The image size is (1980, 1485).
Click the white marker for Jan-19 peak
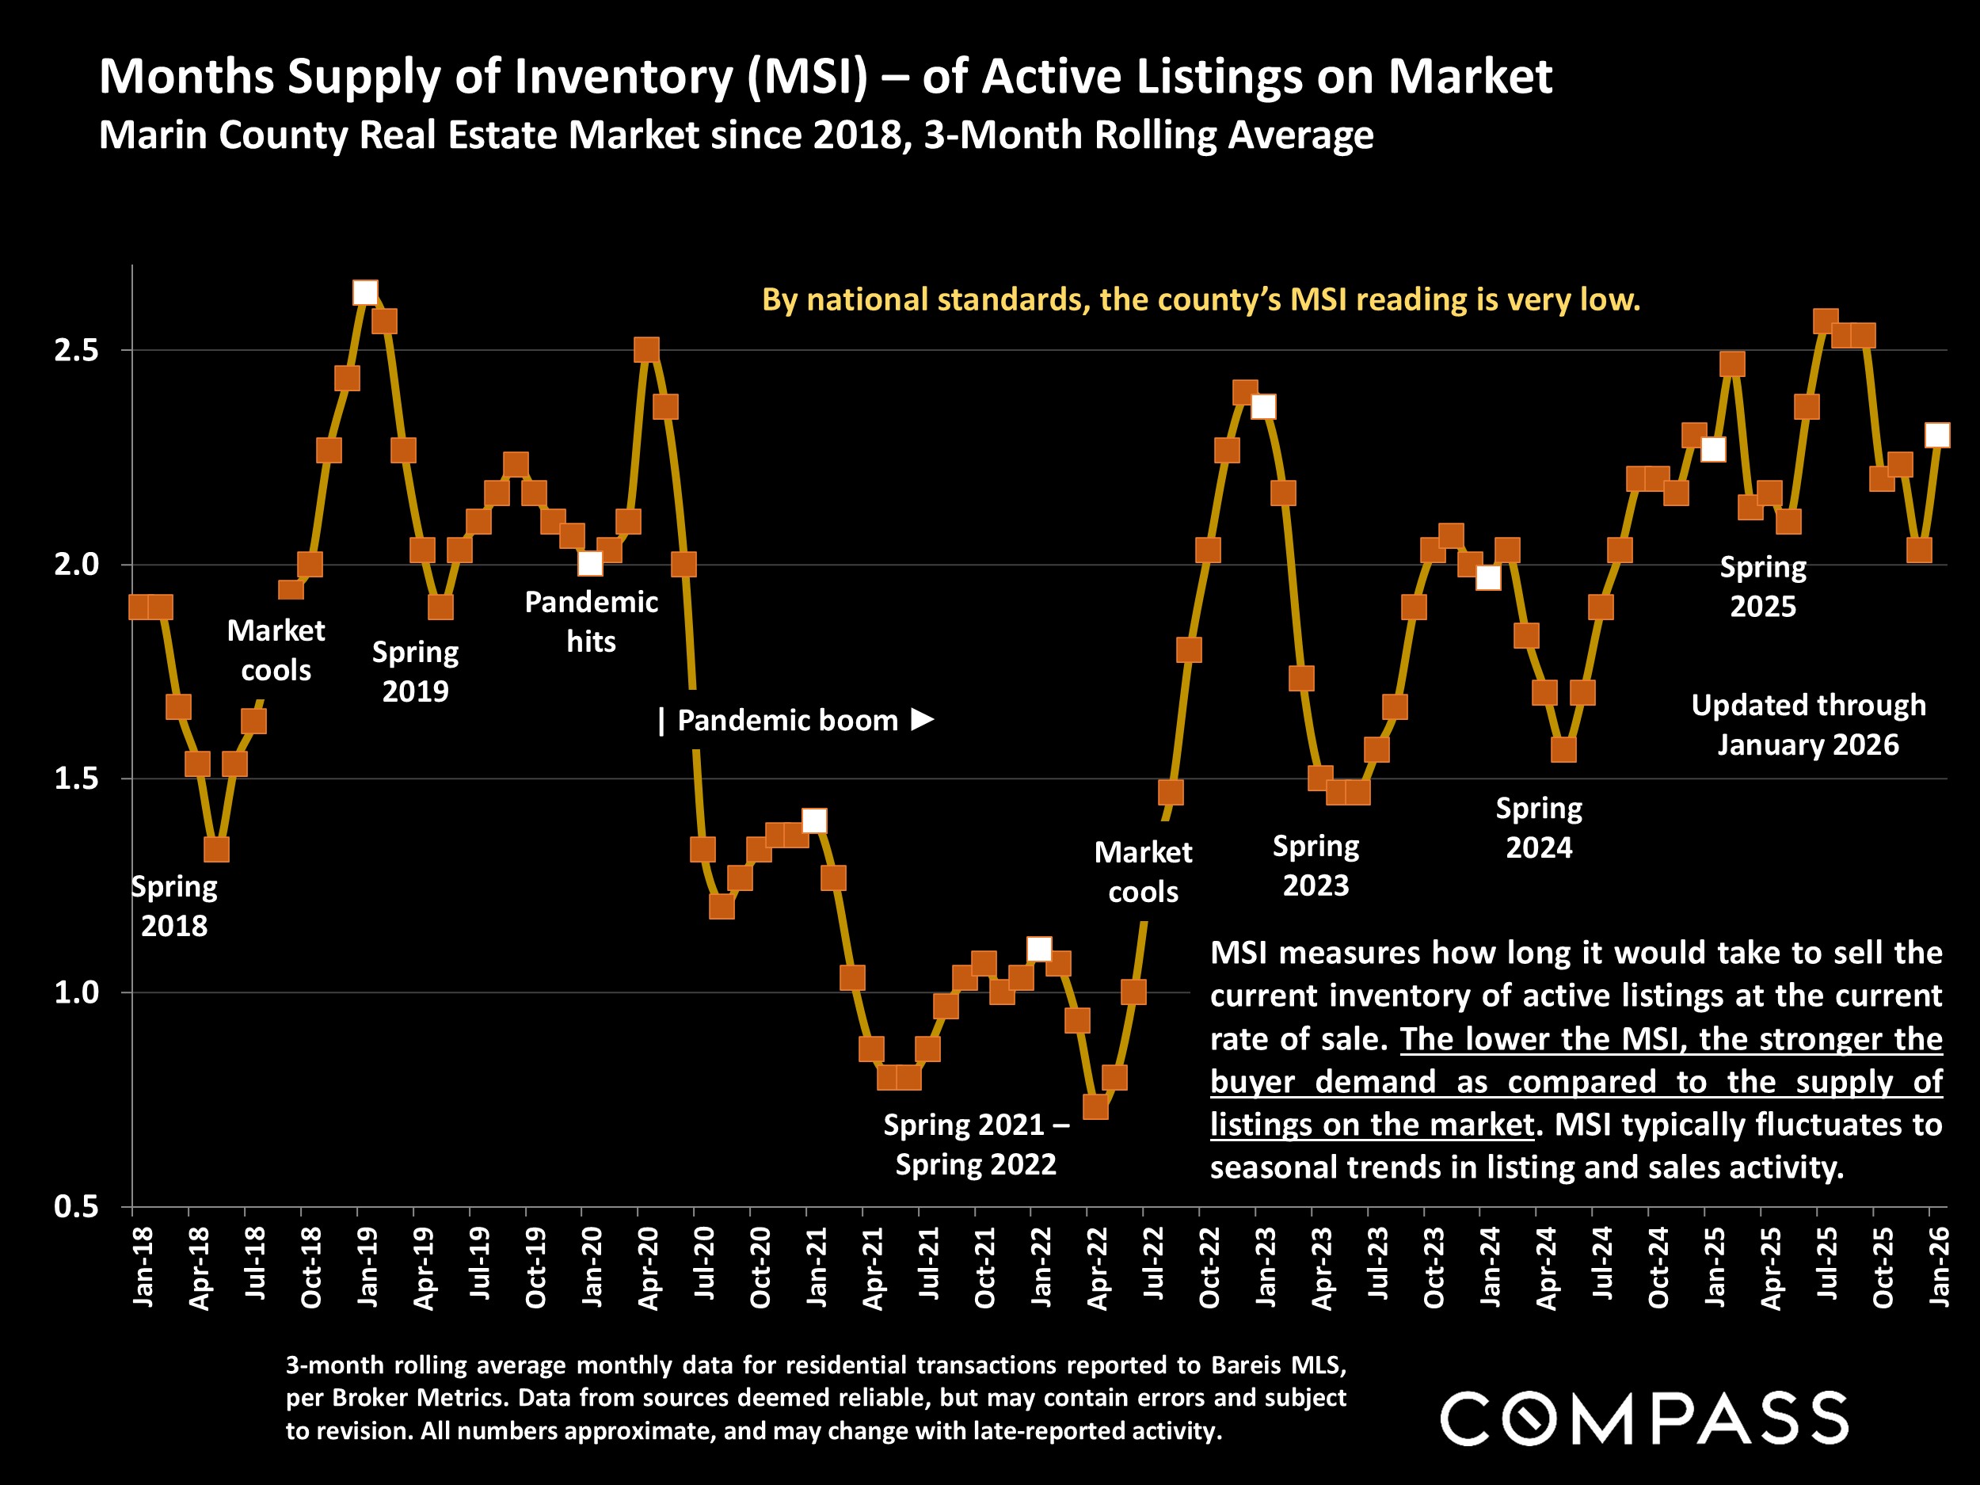364,293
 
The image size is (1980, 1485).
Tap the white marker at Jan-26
1937,435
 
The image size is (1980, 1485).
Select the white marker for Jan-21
814,821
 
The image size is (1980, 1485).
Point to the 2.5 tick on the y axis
76,350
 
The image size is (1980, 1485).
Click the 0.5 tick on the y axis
76,1207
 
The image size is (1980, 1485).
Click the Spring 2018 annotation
173,906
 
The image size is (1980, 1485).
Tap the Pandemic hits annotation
591,621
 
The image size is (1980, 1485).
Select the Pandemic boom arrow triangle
923,719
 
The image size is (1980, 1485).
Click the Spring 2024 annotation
1539,828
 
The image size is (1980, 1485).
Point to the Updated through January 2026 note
1808,725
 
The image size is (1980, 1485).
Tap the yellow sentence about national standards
1201,300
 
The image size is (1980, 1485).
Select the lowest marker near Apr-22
1095,1107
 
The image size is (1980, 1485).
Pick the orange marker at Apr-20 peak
646,350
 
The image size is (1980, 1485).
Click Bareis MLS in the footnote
1278,1365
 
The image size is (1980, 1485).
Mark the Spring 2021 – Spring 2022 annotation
976,1144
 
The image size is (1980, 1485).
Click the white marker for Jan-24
1487,578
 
